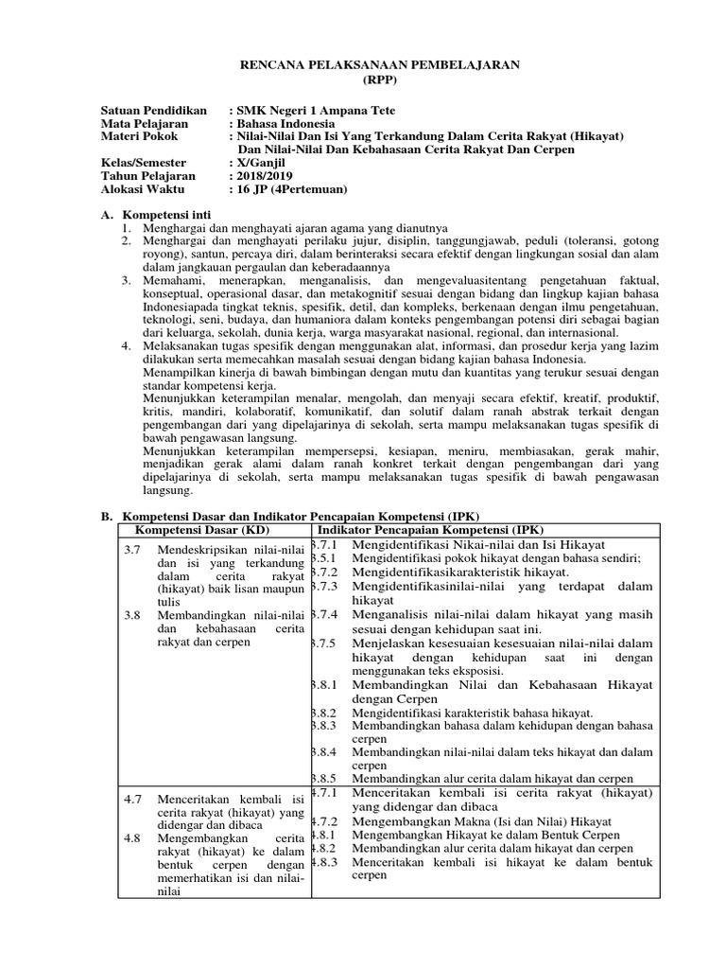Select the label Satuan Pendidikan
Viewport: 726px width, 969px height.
[154, 111]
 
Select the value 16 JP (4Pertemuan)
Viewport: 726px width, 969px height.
[291, 190]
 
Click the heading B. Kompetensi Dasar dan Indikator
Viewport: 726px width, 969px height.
[291, 516]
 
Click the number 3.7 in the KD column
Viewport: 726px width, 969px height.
[133, 549]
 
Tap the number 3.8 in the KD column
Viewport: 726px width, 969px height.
[133, 615]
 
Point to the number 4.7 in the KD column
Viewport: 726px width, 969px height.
[133, 800]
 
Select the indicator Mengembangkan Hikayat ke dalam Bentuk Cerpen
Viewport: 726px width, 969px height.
[479, 836]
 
